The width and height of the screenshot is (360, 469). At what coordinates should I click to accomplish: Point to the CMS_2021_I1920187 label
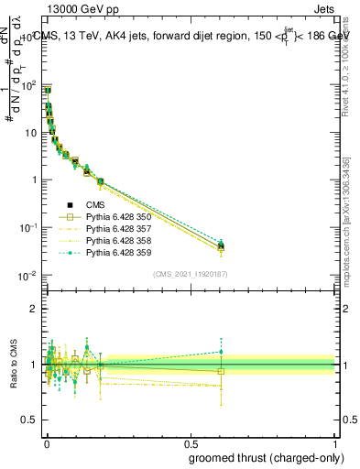[190, 274]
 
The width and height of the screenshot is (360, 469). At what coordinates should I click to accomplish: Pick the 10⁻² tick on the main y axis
[29, 275]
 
